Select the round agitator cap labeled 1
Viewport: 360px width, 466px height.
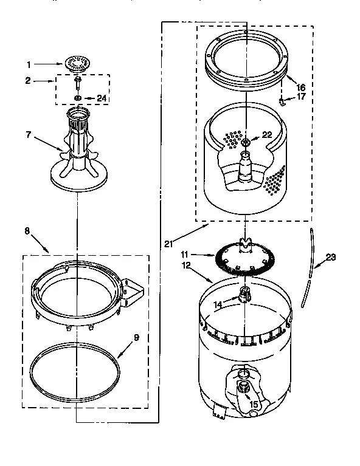pos(77,63)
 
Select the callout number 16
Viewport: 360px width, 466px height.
pos(300,87)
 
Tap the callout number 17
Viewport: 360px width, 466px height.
pos(300,96)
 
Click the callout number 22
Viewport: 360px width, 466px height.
pos(266,135)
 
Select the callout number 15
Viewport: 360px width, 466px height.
pos(254,403)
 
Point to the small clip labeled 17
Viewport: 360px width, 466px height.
pos(283,100)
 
